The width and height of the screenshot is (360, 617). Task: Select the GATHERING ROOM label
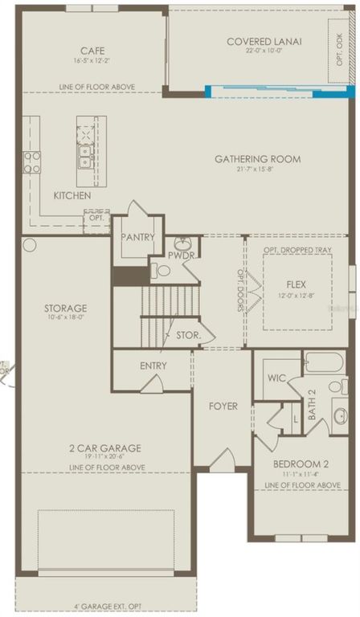(x=257, y=159)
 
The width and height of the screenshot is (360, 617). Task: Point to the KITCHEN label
(x=72, y=196)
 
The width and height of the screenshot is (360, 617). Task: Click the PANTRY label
(x=137, y=237)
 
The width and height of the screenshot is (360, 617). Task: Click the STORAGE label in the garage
(x=66, y=308)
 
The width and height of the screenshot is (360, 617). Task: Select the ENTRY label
(x=153, y=366)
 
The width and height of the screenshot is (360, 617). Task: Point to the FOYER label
(x=223, y=407)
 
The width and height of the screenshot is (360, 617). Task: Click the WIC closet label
(x=277, y=378)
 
